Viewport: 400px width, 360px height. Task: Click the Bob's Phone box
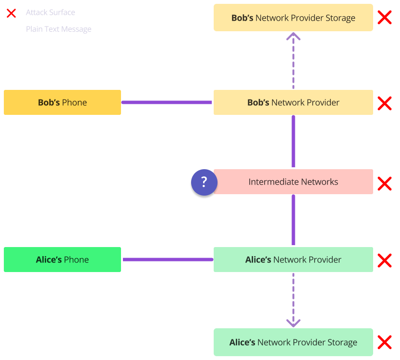pyautogui.click(x=62, y=102)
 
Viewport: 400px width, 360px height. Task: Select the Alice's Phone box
pyautogui.click(x=62, y=260)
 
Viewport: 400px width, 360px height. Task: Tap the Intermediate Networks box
pyautogui.click(x=293, y=182)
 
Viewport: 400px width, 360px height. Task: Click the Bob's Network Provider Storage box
pyautogui.click(x=293, y=18)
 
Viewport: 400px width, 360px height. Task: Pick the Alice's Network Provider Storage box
pyautogui.click(x=293, y=342)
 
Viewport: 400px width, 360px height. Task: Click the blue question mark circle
pyautogui.click(x=204, y=183)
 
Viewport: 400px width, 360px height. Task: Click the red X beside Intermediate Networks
pyautogui.click(x=385, y=183)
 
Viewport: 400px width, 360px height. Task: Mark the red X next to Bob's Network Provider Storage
pyautogui.click(x=385, y=18)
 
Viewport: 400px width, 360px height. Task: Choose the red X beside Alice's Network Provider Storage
pyautogui.click(x=385, y=342)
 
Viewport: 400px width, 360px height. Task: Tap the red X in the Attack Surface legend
pyautogui.click(x=11, y=13)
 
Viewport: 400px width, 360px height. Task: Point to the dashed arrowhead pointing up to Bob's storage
pyautogui.click(x=293, y=37)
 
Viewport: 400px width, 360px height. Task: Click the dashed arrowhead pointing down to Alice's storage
pyautogui.click(x=293, y=323)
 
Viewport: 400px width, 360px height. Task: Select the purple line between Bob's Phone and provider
pyautogui.click(x=167, y=102)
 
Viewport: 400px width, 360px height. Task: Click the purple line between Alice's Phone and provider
pyautogui.click(x=168, y=260)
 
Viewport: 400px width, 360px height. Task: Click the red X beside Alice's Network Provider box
pyautogui.click(x=385, y=261)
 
